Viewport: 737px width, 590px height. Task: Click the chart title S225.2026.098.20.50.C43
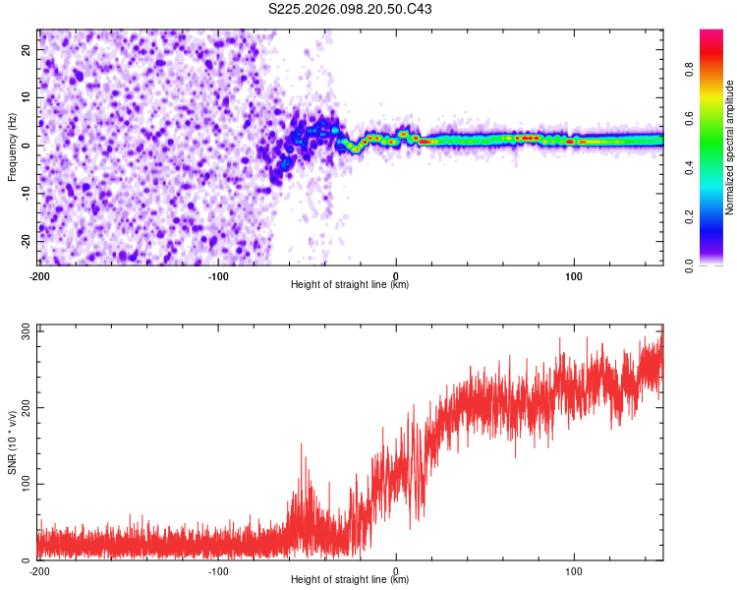coord(351,10)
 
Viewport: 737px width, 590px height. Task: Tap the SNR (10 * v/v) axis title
coord(12,442)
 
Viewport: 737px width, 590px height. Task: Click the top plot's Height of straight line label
coord(350,285)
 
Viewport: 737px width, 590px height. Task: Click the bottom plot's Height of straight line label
coord(350,580)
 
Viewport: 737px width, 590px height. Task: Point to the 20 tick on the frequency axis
coord(27,49)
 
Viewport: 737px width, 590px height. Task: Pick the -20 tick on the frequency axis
coord(25,241)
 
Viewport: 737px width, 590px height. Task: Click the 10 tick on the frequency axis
coord(27,97)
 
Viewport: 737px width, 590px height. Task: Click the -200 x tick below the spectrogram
coord(39,275)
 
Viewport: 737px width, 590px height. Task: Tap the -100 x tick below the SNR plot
coord(217,570)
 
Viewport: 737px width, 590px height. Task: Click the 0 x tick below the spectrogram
coord(395,275)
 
